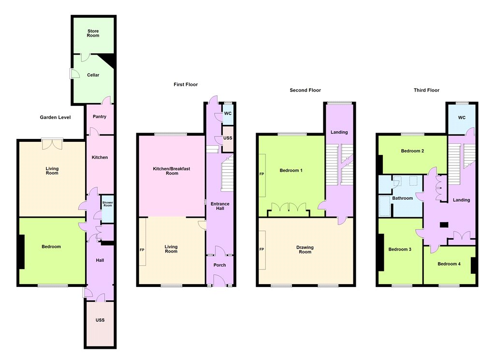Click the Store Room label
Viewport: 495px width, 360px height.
(x=93, y=33)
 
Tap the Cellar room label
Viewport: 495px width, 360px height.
(x=93, y=75)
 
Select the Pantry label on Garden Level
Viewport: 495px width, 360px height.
(x=100, y=117)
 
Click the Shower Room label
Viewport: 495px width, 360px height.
(x=108, y=204)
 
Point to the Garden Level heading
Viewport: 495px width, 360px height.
(x=55, y=117)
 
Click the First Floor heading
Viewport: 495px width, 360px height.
(x=186, y=84)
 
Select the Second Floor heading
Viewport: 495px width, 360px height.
(x=306, y=90)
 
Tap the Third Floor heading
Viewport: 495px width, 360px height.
(x=426, y=90)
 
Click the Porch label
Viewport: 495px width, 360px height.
(x=220, y=265)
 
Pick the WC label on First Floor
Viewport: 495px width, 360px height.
(x=228, y=114)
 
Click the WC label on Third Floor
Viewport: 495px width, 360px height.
(x=462, y=118)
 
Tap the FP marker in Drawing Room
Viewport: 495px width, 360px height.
(x=262, y=249)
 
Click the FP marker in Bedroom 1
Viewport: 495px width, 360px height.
(x=262, y=174)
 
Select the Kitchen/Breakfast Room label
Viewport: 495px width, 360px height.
(x=172, y=171)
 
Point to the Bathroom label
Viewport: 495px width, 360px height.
(x=403, y=198)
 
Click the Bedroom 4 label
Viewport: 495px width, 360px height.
(x=449, y=264)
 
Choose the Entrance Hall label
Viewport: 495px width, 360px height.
(x=220, y=206)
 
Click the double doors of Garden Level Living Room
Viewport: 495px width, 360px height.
(x=52, y=144)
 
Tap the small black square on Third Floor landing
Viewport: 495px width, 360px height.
(x=444, y=225)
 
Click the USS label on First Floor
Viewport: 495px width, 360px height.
(x=228, y=138)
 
